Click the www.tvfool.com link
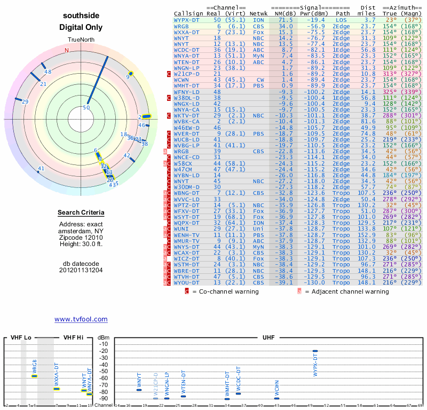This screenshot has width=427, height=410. click(81, 319)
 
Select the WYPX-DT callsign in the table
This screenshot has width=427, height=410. click(187, 19)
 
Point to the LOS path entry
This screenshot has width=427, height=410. click(340, 19)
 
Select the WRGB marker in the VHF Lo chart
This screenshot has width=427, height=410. click(34, 376)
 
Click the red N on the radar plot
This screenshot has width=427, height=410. click(67, 51)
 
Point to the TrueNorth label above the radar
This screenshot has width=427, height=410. click(80, 40)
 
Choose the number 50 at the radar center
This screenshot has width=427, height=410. click(86, 107)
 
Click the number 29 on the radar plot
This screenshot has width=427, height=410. click(25, 101)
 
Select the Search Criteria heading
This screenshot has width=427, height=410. click(81, 213)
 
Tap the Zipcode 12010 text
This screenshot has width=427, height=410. click(81, 236)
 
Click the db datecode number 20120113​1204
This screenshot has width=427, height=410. click(81, 270)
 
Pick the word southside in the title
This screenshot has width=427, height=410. click(81, 15)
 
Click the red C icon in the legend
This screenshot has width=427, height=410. click(187, 291)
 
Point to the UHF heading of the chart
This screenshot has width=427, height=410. click(268, 338)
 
